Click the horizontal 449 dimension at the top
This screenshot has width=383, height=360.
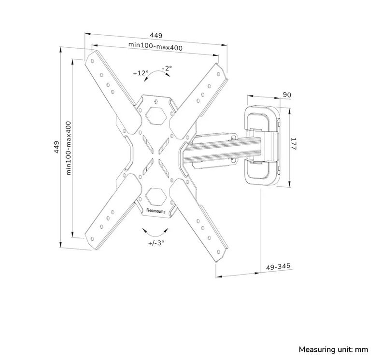pyautogui.click(x=156, y=36)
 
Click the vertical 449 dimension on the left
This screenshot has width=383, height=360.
pyautogui.click(x=57, y=147)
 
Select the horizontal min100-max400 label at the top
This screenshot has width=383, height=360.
pyautogui.click(x=156, y=46)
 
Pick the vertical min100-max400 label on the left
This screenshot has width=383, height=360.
pyautogui.click(x=69, y=148)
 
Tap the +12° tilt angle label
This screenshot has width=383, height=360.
pyautogui.click(x=141, y=73)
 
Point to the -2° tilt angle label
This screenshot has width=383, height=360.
pyautogui.click(x=167, y=68)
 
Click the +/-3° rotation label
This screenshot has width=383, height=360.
pyautogui.click(x=156, y=243)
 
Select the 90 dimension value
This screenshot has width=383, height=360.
pyautogui.click(x=287, y=95)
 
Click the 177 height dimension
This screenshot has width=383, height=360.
pyautogui.click(x=294, y=144)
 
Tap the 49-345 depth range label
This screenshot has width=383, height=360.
pyautogui.click(x=278, y=266)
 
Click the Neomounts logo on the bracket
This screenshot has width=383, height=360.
pyautogui.click(x=156, y=210)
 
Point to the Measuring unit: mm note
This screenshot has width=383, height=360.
pyautogui.click(x=333, y=349)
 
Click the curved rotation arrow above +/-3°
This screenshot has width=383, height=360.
pyautogui.click(x=156, y=233)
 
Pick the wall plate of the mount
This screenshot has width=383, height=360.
pyautogui.click(x=263, y=146)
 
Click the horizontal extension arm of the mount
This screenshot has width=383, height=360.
pyautogui.click(x=222, y=151)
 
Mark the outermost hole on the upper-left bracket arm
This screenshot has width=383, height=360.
pyautogui.click(x=92, y=61)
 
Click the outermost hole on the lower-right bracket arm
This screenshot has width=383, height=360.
pyautogui.click(x=218, y=252)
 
